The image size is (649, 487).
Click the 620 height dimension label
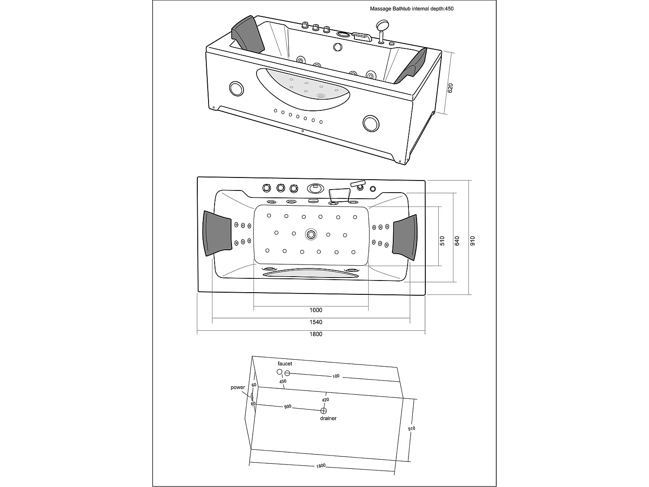(450, 89)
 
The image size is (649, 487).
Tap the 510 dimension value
(442, 241)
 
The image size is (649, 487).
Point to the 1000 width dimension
(316, 310)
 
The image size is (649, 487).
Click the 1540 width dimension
(316, 322)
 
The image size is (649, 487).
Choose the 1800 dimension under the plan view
(316, 334)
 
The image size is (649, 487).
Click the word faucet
(285, 364)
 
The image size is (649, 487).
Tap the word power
(238, 387)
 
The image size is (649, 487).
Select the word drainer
(328, 419)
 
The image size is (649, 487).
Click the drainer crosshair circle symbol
(323, 410)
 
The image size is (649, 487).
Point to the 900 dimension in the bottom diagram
(288, 407)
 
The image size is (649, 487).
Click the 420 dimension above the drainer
(325, 400)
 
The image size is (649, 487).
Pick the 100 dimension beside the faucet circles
(336, 376)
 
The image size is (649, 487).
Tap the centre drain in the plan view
(311, 235)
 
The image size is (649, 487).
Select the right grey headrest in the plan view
(405, 238)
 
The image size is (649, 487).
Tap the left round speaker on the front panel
(236, 88)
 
